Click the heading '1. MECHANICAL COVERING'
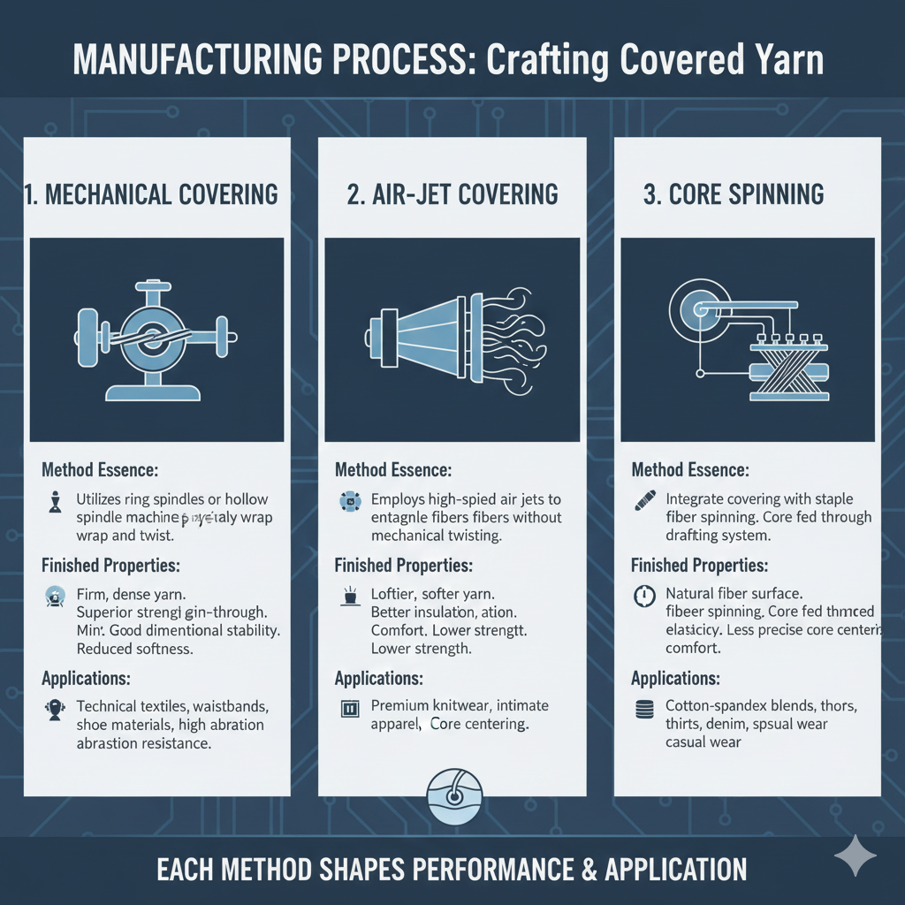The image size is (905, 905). click(152, 194)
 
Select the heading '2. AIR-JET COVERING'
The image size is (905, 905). click(452, 194)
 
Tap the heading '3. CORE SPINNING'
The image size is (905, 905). click(734, 194)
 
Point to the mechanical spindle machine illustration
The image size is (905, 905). click(156, 340)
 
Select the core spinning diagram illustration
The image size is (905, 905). click(747, 340)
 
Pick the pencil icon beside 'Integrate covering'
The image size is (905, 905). click(644, 501)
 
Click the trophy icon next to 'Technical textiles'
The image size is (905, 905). click(53, 708)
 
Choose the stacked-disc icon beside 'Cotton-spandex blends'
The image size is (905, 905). click(644, 708)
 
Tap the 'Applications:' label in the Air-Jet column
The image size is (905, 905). click(379, 679)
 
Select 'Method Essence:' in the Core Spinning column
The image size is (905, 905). click(690, 470)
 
